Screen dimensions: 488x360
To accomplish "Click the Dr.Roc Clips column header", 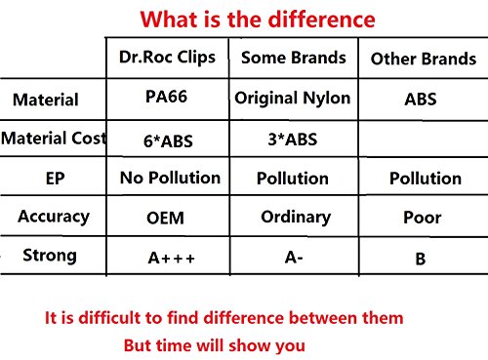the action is click(x=167, y=58).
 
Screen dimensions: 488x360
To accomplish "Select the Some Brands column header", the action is click(x=294, y=58).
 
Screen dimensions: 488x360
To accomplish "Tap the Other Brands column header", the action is click(x=424, y=59).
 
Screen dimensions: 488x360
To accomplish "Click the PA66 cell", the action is click(x=166, y=97).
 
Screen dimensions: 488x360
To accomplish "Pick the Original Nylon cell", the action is click(x=293, y=99).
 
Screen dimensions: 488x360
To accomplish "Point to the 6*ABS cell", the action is click(x=168, y=141).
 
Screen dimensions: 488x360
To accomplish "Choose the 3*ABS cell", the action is click(x=293, y=140).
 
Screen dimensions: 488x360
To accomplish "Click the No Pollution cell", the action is click(x=170, y=178).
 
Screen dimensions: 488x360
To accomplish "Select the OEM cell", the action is click(x=165, y=218).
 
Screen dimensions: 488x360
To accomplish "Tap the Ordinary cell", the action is click(x=296, y=218).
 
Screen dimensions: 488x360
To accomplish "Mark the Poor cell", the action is click(x=423, y=218).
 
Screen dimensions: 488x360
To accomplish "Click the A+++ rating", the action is click(x=171, y=259).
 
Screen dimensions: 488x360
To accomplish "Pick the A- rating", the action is click(x=294, y=258).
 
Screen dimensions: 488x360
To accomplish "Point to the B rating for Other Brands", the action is click(x=421, y=260).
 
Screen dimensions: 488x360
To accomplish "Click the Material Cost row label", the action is click(x=54, y=138).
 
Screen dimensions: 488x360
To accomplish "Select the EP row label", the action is click(x=55, y=179).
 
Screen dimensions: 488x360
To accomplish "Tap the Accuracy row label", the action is click(x=54, y=217).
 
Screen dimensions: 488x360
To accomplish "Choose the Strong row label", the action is click(x=50, y=256).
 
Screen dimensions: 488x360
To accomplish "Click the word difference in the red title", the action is click(x=321, y=20).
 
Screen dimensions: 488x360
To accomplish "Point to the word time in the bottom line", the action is click(x=171, y=345).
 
